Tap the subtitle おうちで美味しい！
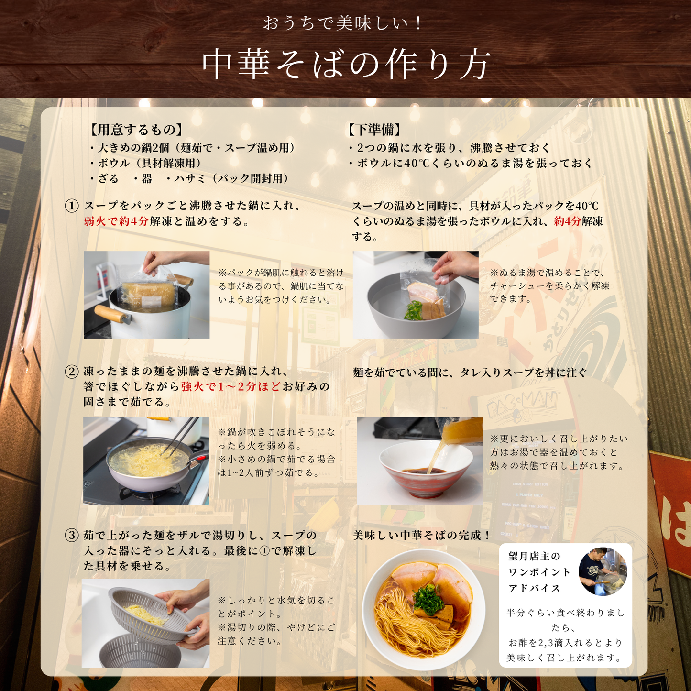point(342,23)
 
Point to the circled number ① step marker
point(72,206)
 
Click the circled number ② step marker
point(72,371)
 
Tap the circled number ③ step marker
point(72,535)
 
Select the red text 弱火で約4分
point(116,221)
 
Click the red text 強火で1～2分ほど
point(230,386)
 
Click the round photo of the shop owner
point(603,571)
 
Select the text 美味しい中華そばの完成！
point(422,536)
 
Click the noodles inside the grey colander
point(145,614)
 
